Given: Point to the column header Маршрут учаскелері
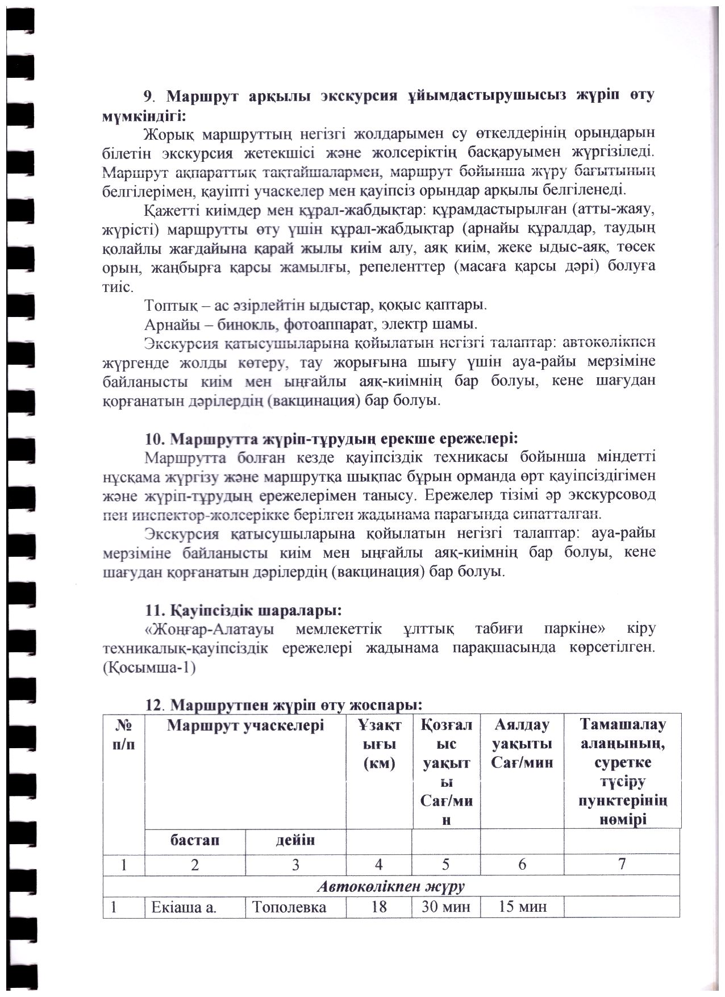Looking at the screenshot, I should tap(245, 725).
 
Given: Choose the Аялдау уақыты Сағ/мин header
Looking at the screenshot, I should tap(522, 743).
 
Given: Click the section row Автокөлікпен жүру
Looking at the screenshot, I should tap(391, 886).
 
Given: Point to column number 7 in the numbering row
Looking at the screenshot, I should tap(622, 864).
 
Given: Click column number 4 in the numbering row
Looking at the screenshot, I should tap(378, 865).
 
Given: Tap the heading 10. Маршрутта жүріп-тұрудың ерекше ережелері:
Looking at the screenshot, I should tap(331, 439).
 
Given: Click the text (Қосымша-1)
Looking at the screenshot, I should tap(149, 668).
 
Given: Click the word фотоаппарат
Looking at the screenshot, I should tap(330, 324).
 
